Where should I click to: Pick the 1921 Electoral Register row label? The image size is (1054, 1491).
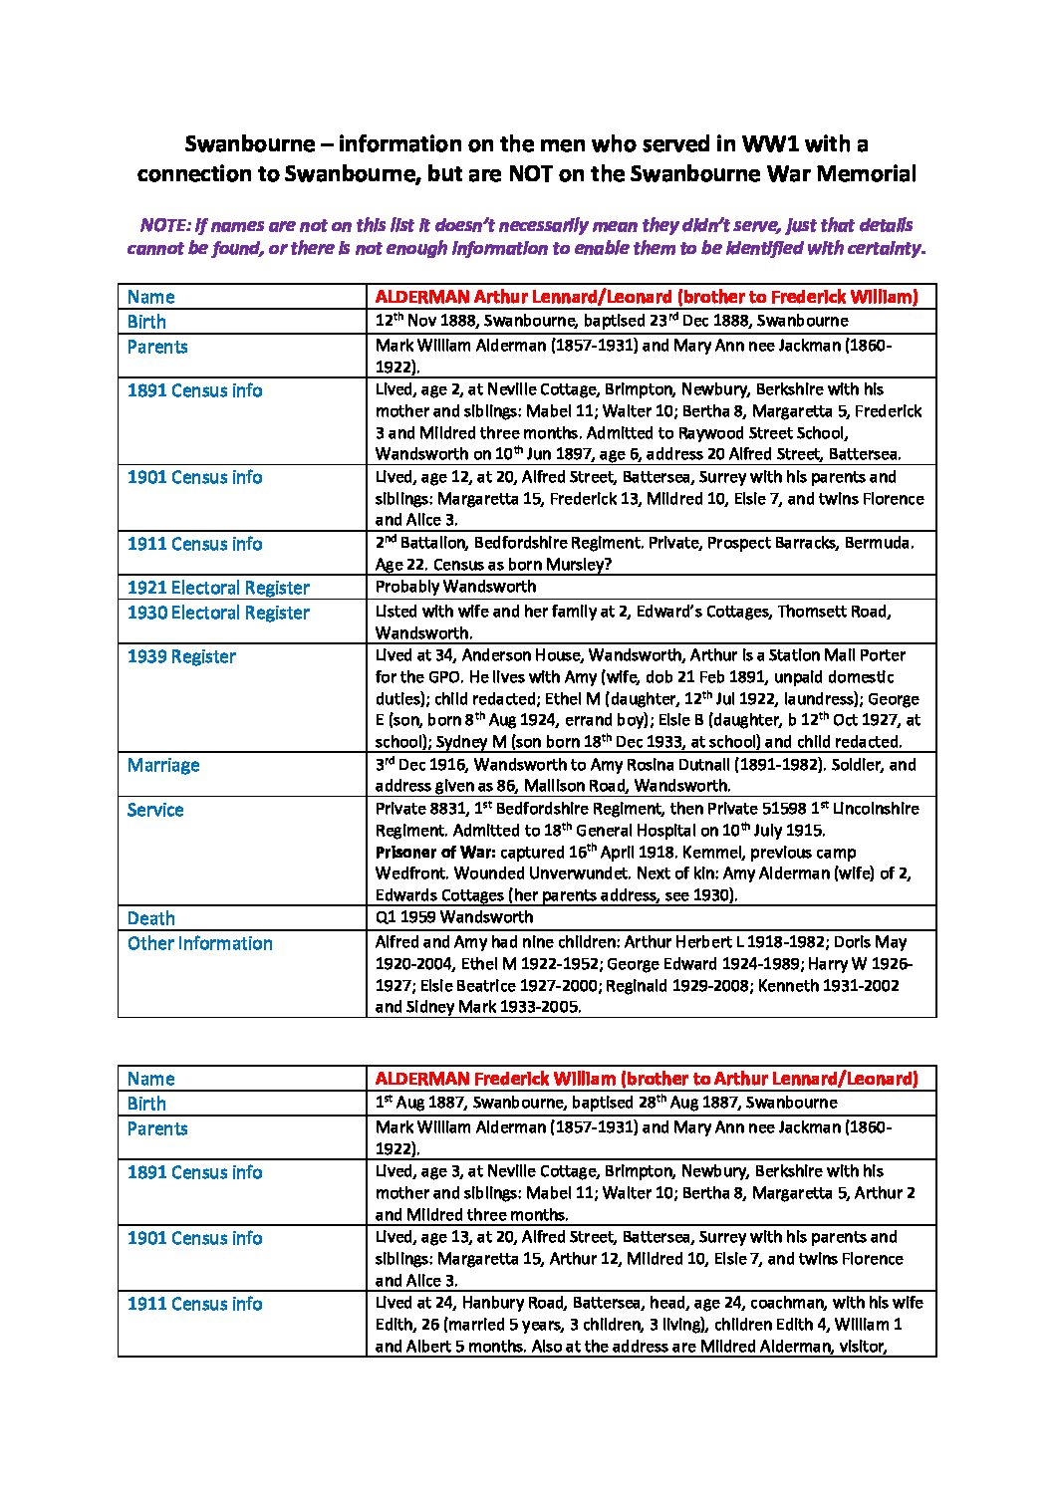pyautogui.click(x=218, y=588)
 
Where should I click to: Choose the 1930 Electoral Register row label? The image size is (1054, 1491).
pyautogui.click(x=218, y=613)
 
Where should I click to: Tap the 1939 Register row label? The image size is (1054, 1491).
pyautogui.click(x=181, y=656)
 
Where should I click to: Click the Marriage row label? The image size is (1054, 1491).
pyautogui.click(x=163, y=765)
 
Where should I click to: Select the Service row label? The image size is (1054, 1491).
pyautogui.click(x=155, y=810)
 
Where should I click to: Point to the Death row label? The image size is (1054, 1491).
pyautogui.click(x=151, y=918)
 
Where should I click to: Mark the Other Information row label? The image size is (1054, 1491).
pyautogui.click(x=199, y=943)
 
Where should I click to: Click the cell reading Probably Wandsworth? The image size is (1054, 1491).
pyautogui.click(x=455, y=587)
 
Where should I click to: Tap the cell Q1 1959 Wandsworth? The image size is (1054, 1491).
pyautogui.click(x=454, y=917)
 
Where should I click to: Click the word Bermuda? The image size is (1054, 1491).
pyautogui.click(x=881, y=544)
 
